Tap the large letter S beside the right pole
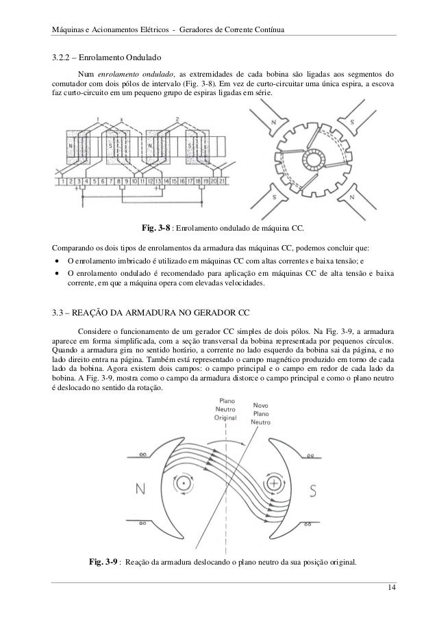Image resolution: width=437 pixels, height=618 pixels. (x=312, y=489)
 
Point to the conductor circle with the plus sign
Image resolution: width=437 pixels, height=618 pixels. (x=275, y=483)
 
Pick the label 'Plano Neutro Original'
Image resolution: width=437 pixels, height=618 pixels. (x=225, y=409)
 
